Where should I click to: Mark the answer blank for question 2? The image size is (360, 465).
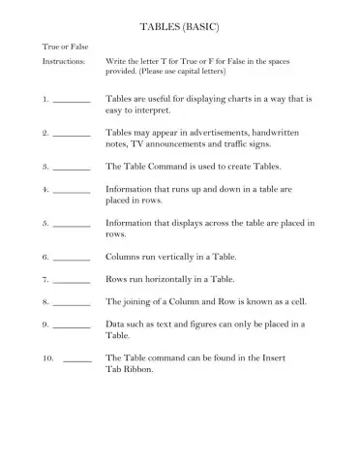(71, 134)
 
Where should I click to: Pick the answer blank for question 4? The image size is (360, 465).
(71, 191)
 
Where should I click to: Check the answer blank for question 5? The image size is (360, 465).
(71, 225)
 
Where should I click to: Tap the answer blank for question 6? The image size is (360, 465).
(71, 259)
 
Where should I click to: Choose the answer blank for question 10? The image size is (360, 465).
(76, 359)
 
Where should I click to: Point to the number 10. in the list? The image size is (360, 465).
(47, 358)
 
